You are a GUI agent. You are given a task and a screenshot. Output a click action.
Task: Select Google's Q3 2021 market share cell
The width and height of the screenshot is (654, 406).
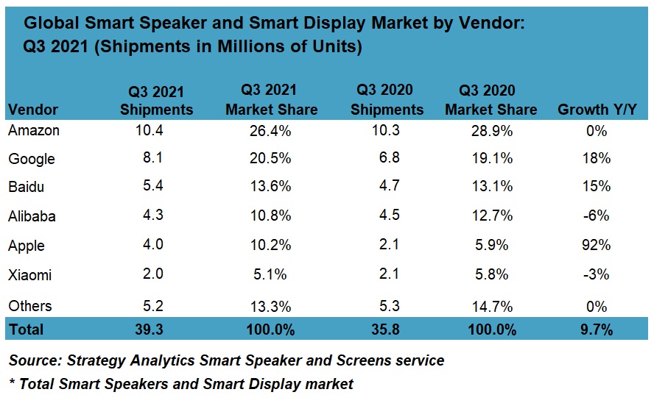(x=271, y=159)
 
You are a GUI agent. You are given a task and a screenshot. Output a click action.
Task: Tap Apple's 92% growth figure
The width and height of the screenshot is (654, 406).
(x=597, y=246)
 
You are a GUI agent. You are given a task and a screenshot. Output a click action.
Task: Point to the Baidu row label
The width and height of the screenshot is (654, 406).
(x=27, y=188)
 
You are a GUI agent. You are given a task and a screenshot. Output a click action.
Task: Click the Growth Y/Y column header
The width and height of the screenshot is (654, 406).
(x=597, y=110)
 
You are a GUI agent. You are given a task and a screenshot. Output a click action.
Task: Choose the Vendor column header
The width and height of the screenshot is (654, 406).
(x=33, y=110)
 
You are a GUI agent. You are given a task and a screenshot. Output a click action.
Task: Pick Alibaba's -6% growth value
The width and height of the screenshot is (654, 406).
(x=597, y=217)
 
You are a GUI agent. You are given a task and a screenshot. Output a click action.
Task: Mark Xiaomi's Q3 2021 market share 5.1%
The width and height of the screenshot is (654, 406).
(x=271, y=275)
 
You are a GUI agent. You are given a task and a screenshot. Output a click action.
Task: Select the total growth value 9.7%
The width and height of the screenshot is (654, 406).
(x=597, y=329)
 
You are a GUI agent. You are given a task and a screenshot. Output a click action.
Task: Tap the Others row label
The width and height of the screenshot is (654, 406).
(x=30, y=305)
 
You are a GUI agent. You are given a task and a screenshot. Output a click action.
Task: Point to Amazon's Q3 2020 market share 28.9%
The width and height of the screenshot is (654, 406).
(x=491, y=130)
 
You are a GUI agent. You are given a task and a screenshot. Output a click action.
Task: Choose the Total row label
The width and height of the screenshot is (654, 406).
(x=26, y=329)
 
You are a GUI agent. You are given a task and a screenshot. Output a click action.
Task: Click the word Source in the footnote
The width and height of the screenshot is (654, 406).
(x=34, y=360)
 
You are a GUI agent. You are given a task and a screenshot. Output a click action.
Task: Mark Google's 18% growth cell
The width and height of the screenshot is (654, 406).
(x=597, y=159)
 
